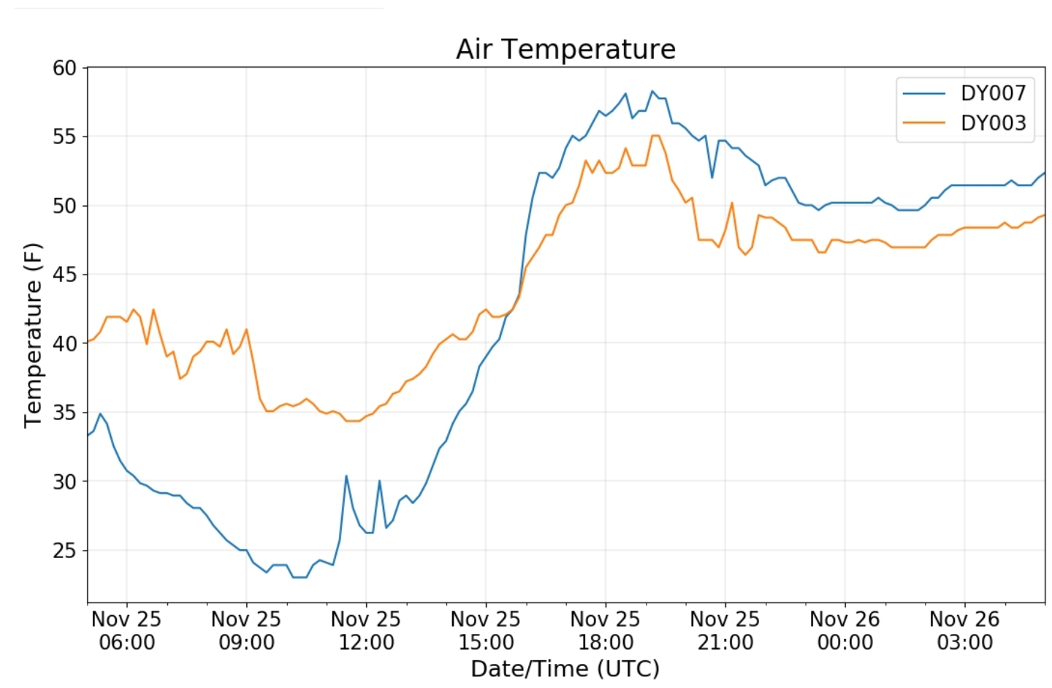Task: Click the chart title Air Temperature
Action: (565, 49)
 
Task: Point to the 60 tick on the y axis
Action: (64, 68)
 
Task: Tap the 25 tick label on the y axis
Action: (64, 550)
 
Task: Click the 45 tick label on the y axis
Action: (64, 275)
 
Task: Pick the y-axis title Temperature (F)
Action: (33, 335)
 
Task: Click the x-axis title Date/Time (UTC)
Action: (565, 668)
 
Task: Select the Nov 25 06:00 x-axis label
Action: (126, 630)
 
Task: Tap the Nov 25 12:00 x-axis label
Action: (366, 630)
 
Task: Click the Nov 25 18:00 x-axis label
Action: (605, 630)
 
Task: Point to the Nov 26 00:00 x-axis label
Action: (845, 630)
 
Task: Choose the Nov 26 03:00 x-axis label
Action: (964, 630)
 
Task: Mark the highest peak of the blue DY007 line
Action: (652, 91)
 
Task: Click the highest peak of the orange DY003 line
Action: (655, 136)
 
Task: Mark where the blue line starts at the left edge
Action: (88, 435)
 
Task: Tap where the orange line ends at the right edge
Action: (1045, 215)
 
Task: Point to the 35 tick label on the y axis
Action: (64, 413)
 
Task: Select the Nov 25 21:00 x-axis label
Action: (725, 630)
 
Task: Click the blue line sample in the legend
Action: (924, 93)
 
